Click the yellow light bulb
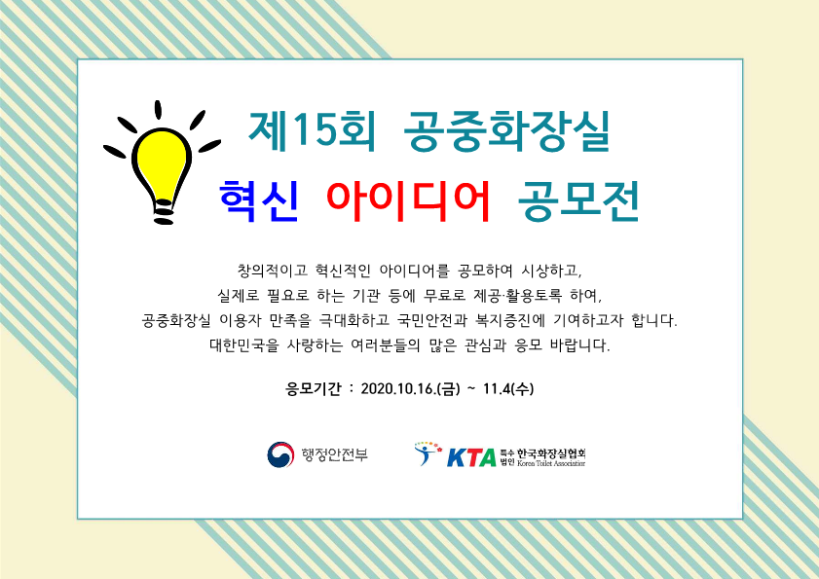click(x=162, y=167)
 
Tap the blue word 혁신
click(x=259, y=201)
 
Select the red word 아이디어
click(x=408, y=201)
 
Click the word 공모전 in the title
click(x=578, y=201)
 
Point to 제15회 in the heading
click(x=312, y=131)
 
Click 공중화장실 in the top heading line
click(x=506, y=131)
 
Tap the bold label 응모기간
click(x=313, y=389)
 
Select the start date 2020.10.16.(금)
click(x=411, y=389)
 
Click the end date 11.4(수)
click(x=508, y=389)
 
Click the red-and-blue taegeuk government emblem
click(x=280, y=454)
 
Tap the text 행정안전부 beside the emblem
click(x=335, y=454)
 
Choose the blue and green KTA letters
click(x=471, y=457)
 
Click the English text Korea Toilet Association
click(x=551, y=463)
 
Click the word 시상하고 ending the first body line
click(x=550, y=271)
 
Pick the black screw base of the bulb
click(x=164, y=213)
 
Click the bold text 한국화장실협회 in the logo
click(x=551, y=453)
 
